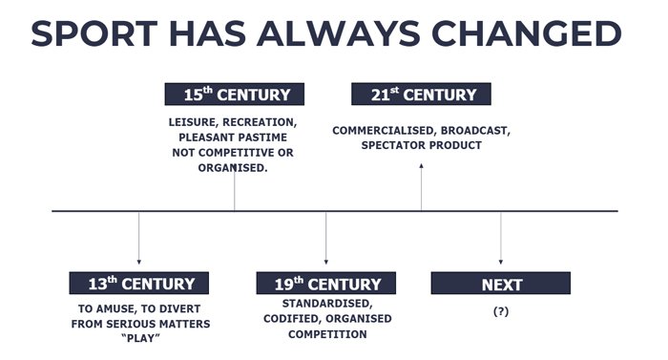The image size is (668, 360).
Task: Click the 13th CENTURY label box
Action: point(139,283)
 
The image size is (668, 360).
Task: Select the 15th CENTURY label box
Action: point(235,94)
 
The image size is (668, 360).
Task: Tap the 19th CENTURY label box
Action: point(326,283)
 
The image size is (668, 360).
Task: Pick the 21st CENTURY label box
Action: point(421,94)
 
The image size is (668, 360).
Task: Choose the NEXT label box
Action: point(501,283)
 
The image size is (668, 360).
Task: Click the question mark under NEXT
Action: point(501,311)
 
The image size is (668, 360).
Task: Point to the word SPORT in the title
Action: point(94,33)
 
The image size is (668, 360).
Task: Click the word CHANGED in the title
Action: point(527,33)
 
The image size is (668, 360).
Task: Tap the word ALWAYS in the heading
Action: point(339,33)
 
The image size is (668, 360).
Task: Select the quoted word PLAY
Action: point(140,338)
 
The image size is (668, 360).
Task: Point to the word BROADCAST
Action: point(475,131)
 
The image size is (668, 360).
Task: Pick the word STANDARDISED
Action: point(327,304)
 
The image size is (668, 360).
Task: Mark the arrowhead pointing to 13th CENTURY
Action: point(139,262)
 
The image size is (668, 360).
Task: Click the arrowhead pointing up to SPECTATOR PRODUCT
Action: point(422,166)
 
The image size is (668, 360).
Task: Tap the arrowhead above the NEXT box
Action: point(501,262)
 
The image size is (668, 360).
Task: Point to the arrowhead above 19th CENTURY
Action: point(326,262)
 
